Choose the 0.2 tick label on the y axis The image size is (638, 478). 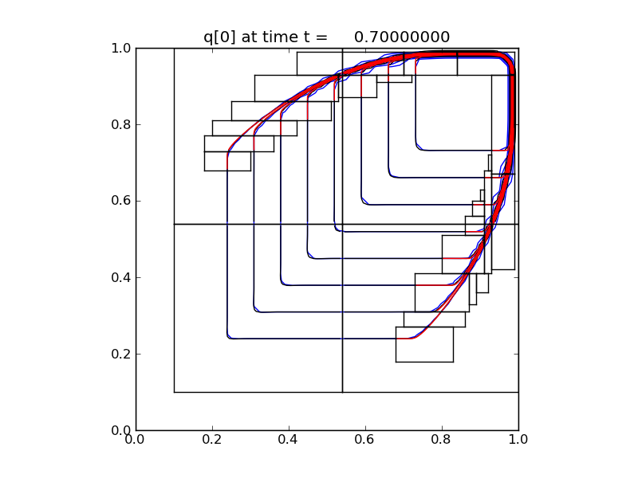(x=120, y=354)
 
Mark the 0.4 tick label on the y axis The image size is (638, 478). (x=120, y=277)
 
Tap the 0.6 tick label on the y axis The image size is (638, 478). (x=120, y=201)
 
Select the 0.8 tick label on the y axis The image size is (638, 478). (x=120, y=124)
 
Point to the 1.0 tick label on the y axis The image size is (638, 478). (x=120, y=48)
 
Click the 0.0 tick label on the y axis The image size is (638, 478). (x=120, y=430)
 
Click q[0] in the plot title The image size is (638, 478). (x=221, y=37)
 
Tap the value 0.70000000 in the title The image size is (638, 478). (x=402, y=37)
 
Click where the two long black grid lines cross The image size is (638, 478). (x=342, y=224)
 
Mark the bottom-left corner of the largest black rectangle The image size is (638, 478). (x=174, y=392)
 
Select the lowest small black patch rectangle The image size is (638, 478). (x=424, y=344)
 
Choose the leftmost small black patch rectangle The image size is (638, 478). (x=227, y=161)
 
